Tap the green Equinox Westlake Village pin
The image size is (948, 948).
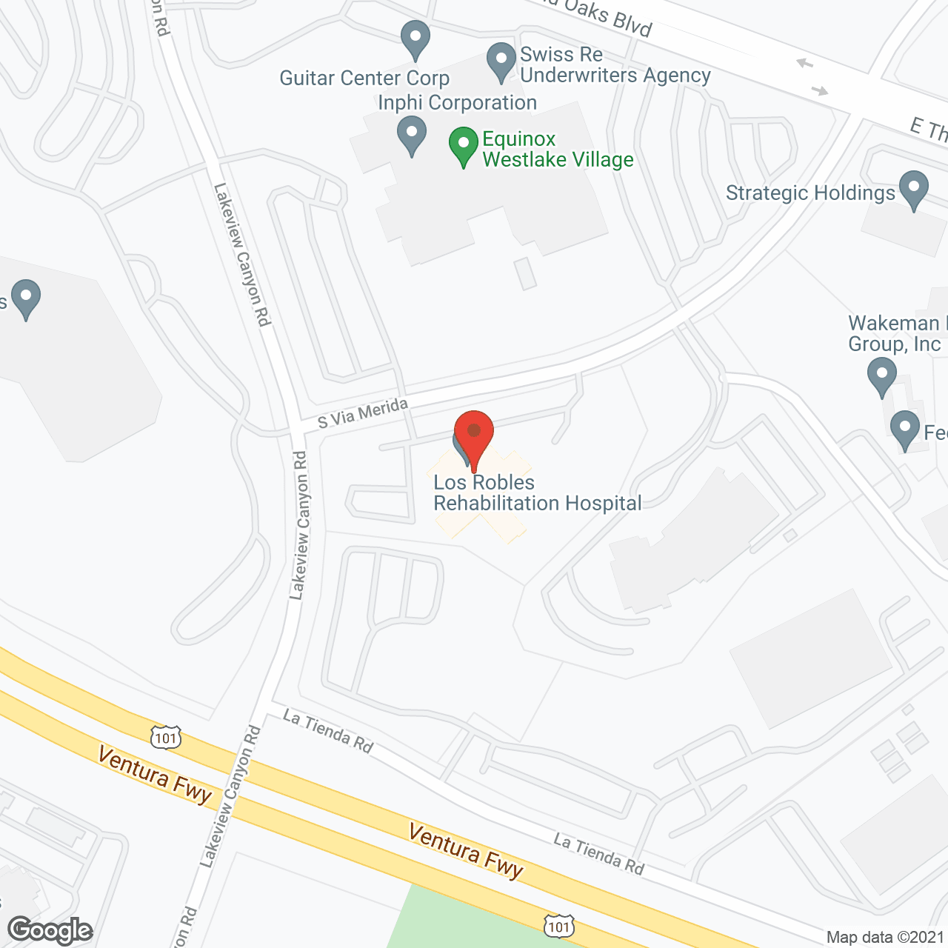tap(464, 145)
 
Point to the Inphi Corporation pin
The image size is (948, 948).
tap(412, 135)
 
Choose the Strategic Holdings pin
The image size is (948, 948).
tap(913, 189)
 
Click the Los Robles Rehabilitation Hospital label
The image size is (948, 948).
tap(537, 493)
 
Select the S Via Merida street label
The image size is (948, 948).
tap(363, 413)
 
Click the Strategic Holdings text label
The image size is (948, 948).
tap(810, 193)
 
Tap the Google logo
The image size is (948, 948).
tap(50, 929)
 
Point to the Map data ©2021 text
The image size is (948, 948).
tap(885, 937)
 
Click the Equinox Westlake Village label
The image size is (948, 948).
tap(558, 150)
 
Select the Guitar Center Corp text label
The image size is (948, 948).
tap(364, 79)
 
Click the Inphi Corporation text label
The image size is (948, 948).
tap(457, 103)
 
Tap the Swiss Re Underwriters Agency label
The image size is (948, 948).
tap(615, 65)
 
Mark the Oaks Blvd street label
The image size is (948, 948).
tap(607, 18)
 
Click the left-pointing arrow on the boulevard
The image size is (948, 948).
tap(804, 64)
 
